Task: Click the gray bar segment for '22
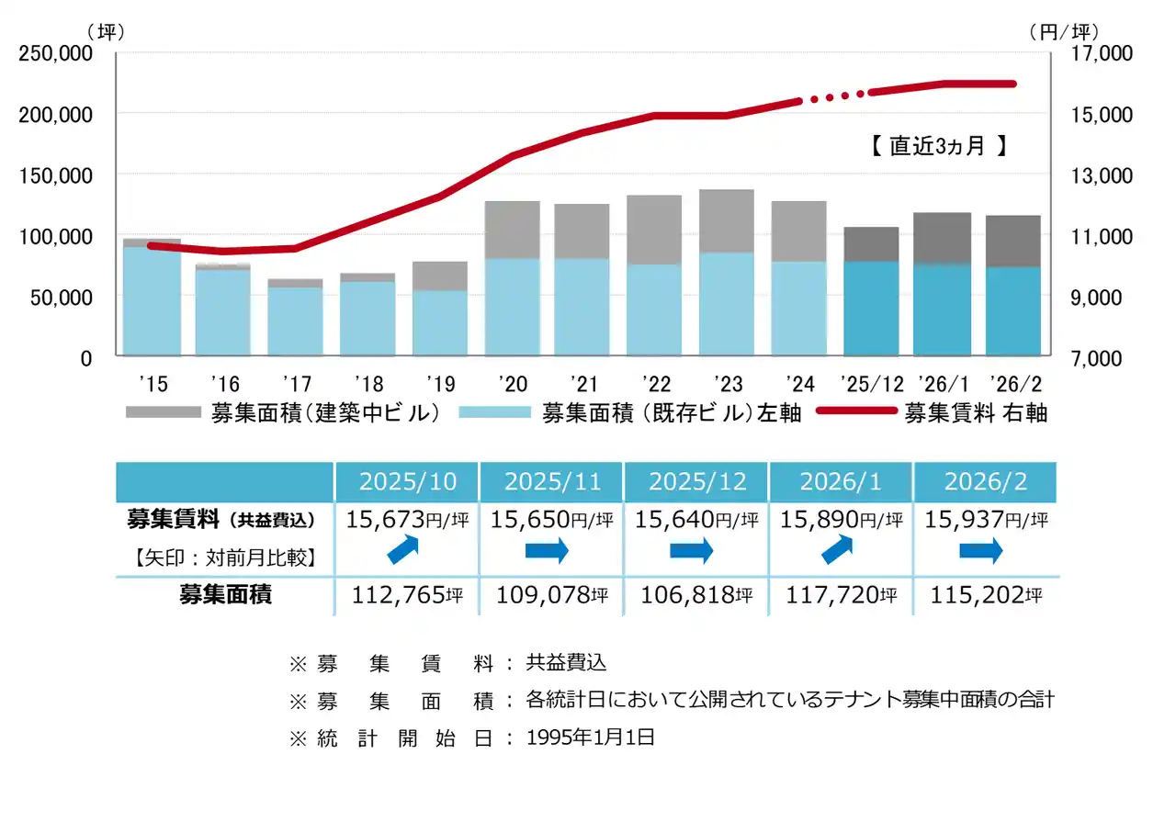pos(654,230)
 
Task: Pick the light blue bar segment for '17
pos(295,321)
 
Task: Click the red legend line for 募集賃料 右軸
pos(855,412)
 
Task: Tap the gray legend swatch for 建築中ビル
pos(163,412)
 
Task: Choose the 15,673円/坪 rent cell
pos(407,520)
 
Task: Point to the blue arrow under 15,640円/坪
pos(692,552)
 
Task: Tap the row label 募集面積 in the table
pos(225,595)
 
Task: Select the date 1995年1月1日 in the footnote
pos(590,737)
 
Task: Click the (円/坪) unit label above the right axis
pos(1063,32)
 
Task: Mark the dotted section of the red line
pos(833,96)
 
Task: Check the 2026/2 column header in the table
pos(985,481)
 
